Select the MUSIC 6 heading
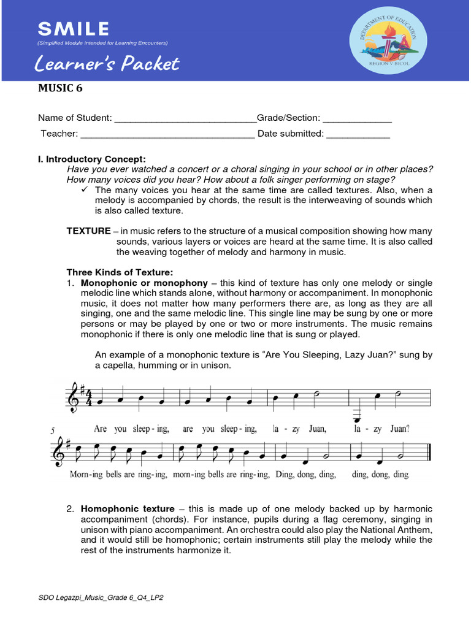tap(60, 88)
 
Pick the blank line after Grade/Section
tap(357, 118)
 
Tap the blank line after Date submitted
tap(358, 134)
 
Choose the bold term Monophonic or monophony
tap(145, 283)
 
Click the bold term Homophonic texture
tap(128, 509)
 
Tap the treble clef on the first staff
tap(75, 396)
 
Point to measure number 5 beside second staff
tap(53, 431)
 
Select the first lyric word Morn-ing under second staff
tap(84, 474)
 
